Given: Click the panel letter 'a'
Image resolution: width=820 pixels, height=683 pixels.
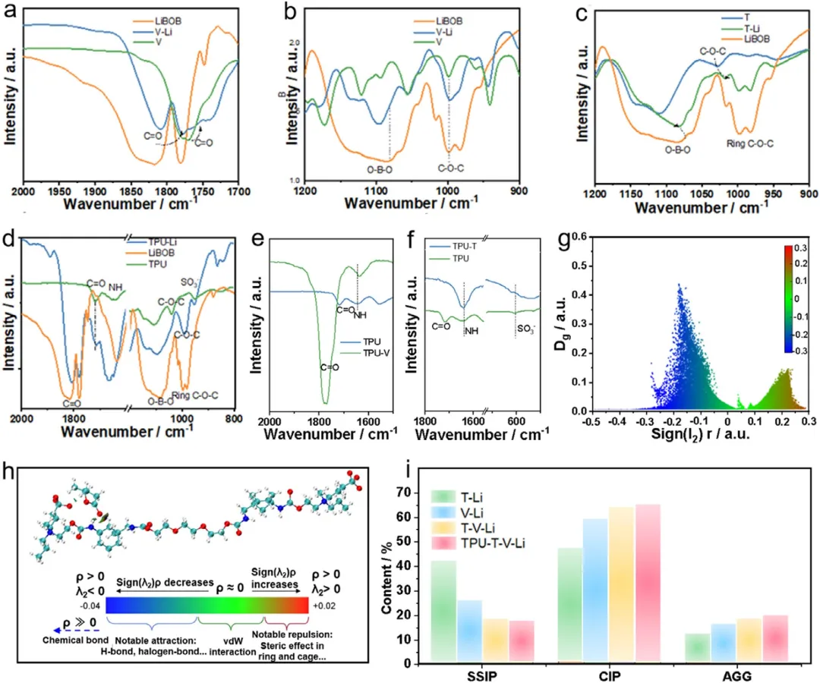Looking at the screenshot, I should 11,12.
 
